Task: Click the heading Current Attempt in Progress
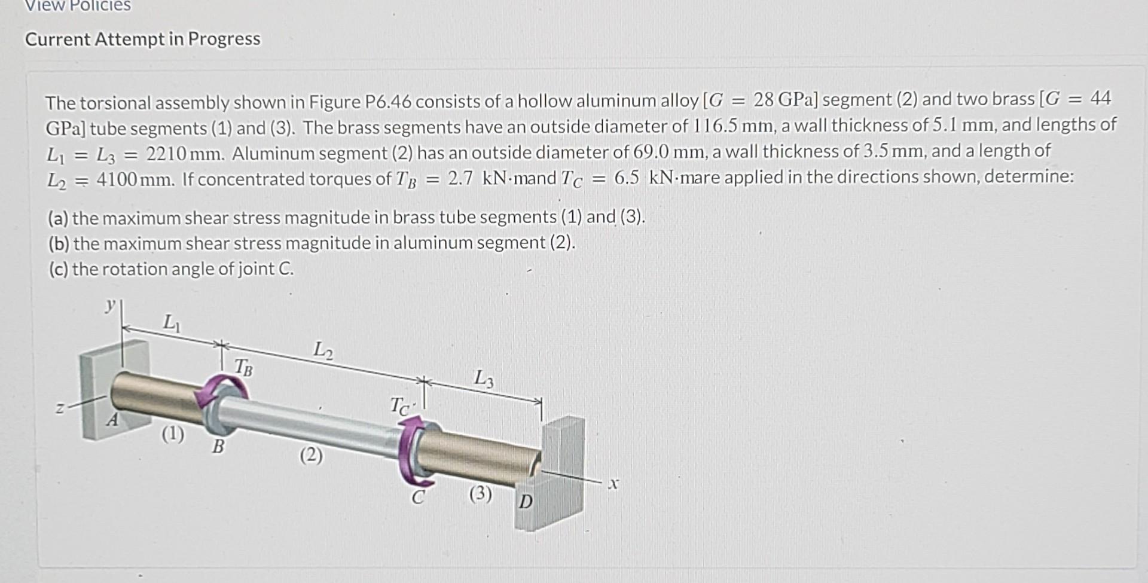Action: click(142, 39)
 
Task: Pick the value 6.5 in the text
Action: click(626, 178)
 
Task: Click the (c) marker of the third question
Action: click(59, 269)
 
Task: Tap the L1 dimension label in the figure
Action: click(171, 323)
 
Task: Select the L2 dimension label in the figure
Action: click(323, 349)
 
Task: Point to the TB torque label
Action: click(243, 367)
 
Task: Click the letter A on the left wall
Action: click(112, 420)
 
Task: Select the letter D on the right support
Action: click(525, 501)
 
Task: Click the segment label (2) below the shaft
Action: click(311, 456)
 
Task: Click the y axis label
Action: click(109, 306)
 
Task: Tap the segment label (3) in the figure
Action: click(480, 494)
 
